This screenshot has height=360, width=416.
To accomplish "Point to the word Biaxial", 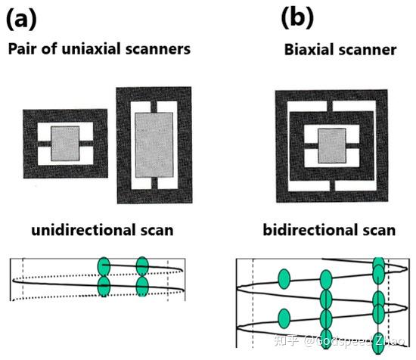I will tap(309, 51).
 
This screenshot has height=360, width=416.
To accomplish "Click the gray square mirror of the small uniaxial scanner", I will tap(65, 142).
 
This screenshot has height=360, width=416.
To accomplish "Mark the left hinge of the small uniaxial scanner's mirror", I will tap(43, 142).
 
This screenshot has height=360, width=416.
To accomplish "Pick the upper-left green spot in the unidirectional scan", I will tap(104, 265).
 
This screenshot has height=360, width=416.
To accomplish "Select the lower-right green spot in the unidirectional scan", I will tap(141, 285).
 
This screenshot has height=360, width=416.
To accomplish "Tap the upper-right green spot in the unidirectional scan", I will tap(141, 265).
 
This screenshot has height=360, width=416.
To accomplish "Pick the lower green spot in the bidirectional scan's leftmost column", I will tap(284, 317).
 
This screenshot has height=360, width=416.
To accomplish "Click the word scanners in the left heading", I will tap(160, 49).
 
